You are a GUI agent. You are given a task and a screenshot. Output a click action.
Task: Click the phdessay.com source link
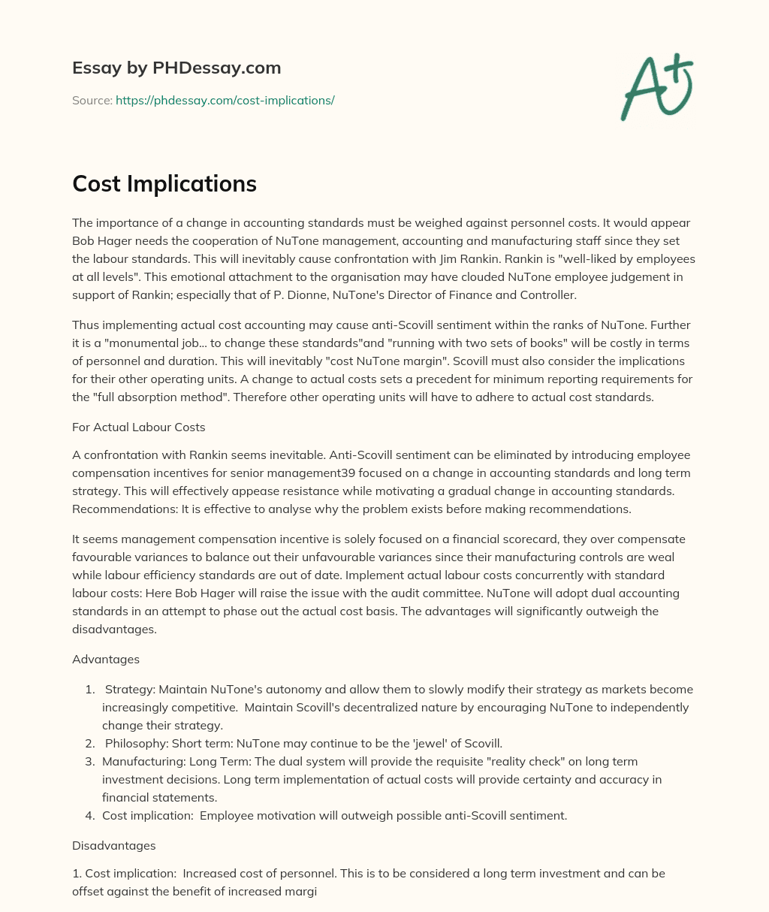225,100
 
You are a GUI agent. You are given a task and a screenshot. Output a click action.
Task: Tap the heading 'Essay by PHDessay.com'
176,68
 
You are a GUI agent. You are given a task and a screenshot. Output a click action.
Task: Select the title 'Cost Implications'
164,184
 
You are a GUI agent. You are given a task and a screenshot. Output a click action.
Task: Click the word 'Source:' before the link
92,100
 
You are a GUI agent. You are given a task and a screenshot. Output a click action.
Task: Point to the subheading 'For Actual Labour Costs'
139,427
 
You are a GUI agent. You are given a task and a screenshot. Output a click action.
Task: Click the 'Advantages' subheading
106,659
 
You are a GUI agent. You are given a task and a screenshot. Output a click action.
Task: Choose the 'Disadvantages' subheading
114,845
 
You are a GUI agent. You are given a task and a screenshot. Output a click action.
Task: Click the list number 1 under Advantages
90,690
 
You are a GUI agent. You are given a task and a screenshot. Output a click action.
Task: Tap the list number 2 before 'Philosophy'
90,744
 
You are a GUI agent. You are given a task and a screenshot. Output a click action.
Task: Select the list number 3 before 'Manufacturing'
90,762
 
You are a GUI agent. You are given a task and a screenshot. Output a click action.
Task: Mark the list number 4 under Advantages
90,816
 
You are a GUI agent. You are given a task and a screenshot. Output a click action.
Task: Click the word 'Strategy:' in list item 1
130,690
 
